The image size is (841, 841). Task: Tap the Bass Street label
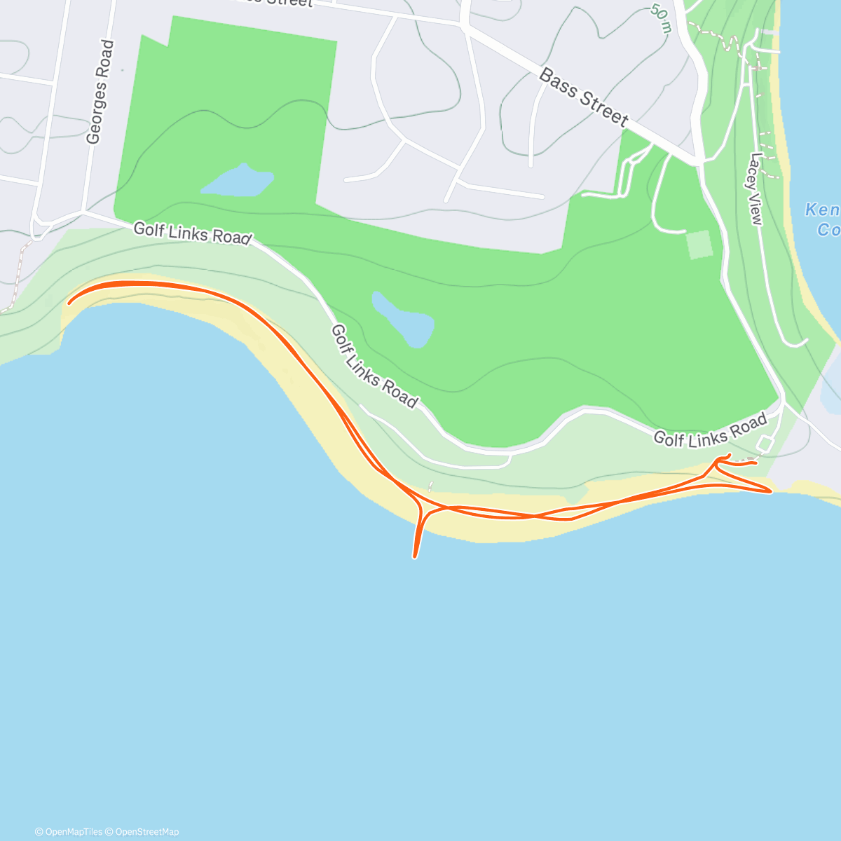pyautogui.click(x=583, y=97)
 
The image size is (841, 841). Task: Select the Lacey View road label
pyautogui.click(x=755, y=189)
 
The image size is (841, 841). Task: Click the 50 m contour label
pyautogui.click(x=661, y=18)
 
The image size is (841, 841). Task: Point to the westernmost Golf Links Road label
pyautogui.click(x=191, y=233)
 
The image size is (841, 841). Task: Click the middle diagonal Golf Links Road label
pyautogui.click(x=374, y=366)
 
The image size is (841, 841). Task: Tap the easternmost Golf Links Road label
pyautogui.click(x=710, y=430)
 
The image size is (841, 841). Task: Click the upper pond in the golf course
pyautogui.click(x=237, y=182)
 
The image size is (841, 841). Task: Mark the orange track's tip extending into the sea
pyautogui.click(x=415, y=556)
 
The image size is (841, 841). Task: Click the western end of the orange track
pyautogui.click(x=69, y=303)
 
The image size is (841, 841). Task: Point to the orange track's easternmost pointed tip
pyautogui.click(x=770, y=491)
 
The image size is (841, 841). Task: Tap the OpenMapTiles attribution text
pyautogui.click(x=69, y=832)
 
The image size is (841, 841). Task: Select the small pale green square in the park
pyautogui.click(x=699, y=245)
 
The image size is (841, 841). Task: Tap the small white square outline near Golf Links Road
pyautogui.click(x=765, y=444)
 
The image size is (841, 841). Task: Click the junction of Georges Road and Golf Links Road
pyautogui.click(x=83, y=211)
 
